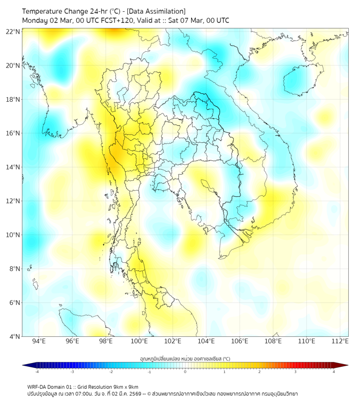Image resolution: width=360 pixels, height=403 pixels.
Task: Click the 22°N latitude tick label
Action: point(13,31)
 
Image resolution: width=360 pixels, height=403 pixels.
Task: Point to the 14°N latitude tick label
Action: point(13,167)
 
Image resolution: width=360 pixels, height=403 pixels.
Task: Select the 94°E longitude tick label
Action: point(39,341)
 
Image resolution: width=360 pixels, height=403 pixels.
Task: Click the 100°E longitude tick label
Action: point(139,341)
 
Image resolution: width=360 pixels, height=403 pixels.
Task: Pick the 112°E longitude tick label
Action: point(340,341)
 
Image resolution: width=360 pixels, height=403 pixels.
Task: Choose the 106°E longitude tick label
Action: point(240,341)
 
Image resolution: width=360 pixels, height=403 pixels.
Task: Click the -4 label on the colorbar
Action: point(37,372)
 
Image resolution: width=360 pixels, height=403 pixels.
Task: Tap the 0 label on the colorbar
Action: point(185,372)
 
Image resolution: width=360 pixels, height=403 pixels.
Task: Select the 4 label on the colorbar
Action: point(334,372)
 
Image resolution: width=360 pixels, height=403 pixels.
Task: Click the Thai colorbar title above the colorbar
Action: point(185,358)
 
